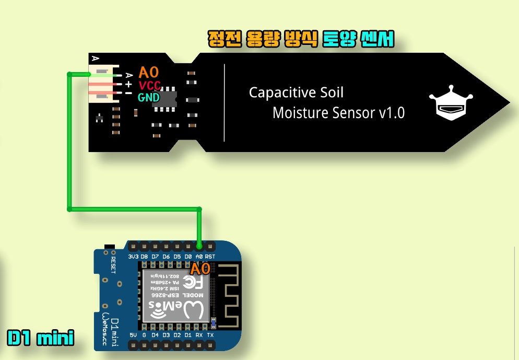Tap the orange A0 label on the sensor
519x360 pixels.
coord(148,73)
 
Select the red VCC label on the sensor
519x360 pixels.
coord(149,85)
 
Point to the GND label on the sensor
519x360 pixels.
coord(149,97)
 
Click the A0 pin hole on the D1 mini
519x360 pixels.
coord(199,246)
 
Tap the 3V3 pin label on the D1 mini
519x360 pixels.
coord(133,257)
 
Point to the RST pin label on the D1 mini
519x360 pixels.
coord(210,257)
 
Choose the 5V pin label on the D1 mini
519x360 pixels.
coord(133,335)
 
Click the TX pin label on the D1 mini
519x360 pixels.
coord(210,335)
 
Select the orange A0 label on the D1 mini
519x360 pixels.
coord(200,269)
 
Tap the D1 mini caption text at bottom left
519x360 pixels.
coord(40,338)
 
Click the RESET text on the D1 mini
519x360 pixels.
coord(114,261)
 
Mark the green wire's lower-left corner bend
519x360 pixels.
coord(69,209)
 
